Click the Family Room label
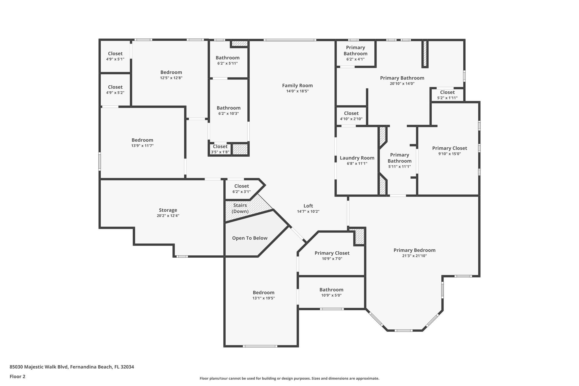(x=297, y=86)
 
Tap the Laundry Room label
(x=357, y=158)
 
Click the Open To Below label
(x=250, y=238)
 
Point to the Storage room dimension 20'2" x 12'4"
(x=168, y=216)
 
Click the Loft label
(x=308, y=206)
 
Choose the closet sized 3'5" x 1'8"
(x=220, y=149)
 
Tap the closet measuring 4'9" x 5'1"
(x=115, y=56)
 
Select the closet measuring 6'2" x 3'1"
(x=241, y=189)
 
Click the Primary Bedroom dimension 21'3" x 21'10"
(x=414, y=256)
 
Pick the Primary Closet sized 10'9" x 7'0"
(x=332, y=256)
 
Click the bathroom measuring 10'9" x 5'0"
(x=331, y=292)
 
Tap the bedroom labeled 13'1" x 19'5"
(x=263, y=295)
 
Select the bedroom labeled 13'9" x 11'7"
(x=142, y=143)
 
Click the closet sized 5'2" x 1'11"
(x=447, y=95)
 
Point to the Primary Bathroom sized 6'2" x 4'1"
(x=355, y=53)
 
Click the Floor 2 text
(x=18, y=376)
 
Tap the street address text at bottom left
(x=72, y=367)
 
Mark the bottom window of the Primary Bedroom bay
(x=403, y=331)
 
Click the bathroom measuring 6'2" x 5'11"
(x=228, y=60)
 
